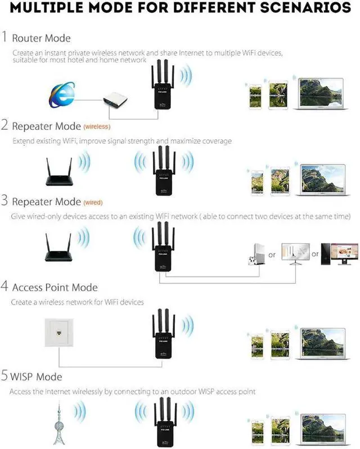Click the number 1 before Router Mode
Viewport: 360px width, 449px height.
click(4, 38)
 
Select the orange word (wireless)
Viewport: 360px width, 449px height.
click(97, 126)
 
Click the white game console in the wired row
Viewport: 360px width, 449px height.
click(251, 256)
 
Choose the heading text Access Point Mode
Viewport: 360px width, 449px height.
click(55, 287)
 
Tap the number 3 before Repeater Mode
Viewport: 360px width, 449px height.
click(4, 201)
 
